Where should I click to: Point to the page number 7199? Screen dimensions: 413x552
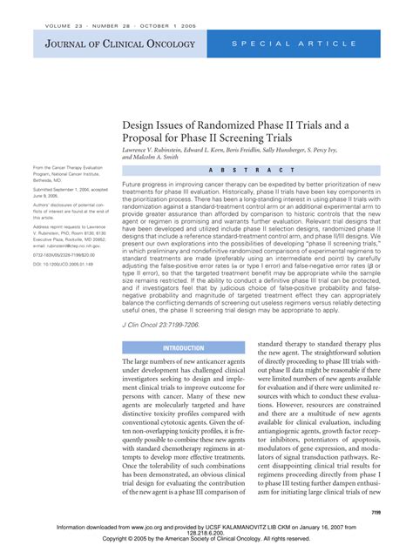coord(376,514)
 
